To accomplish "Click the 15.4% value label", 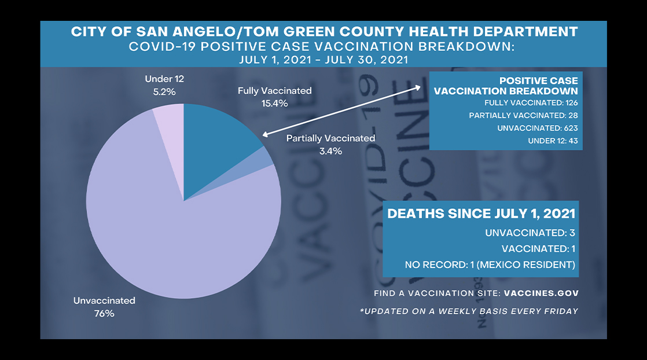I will point(274,104).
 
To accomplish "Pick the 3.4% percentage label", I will point(330,151).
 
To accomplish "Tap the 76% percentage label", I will point(104,314).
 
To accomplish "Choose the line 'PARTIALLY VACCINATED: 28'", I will point(523,116).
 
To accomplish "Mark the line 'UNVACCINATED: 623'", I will point(537,128).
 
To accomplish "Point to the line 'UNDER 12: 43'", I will point(553,141).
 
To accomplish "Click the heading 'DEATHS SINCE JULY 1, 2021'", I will point(481,213).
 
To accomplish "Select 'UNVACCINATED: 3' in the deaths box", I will point(530,233).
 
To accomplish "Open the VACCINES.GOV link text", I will point(541,293).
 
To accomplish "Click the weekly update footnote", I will point(468,311).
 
